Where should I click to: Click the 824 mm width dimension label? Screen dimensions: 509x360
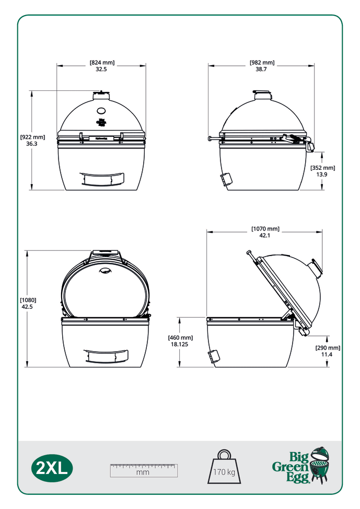[102, 66]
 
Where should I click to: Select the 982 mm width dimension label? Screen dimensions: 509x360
[262, 66]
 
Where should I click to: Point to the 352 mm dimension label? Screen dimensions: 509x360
[322, 171]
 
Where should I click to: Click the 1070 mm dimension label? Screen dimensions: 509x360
[265, 232]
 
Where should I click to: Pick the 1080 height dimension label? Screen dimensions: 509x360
[28, 304]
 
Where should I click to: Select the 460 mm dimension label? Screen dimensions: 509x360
[180, 341]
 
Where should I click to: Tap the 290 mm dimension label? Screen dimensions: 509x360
[327, 351]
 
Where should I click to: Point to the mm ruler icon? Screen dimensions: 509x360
[143, 470]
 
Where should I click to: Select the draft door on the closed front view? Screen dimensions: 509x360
[103, 179]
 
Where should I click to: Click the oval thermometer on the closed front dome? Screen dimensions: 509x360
[101, 111]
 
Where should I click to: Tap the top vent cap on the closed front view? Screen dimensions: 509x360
[101, 95]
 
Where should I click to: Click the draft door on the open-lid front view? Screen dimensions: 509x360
[106, 356]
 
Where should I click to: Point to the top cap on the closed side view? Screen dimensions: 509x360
[263, 95]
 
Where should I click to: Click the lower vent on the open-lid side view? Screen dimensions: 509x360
[214, 357]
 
